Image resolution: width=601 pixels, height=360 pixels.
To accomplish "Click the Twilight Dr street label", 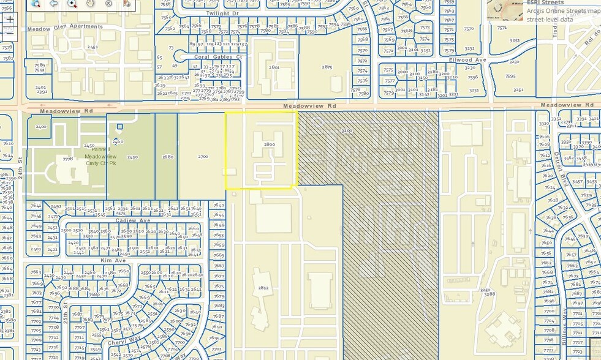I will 222,13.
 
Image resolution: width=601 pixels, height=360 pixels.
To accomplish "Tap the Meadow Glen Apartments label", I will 65,27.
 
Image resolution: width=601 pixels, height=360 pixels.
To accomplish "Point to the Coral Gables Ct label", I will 218,57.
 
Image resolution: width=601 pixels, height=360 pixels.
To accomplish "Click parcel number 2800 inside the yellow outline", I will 269,143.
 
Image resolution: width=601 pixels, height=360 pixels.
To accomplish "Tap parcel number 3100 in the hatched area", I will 347,131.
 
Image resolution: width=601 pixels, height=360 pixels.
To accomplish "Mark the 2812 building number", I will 263,288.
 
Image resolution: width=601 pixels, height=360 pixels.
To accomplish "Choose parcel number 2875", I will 327,67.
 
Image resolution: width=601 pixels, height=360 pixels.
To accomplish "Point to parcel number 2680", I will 167,157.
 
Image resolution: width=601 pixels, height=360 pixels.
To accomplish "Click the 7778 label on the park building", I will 67,159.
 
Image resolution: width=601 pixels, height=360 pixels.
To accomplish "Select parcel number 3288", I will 489,294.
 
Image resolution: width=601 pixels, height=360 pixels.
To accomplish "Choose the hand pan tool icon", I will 90,4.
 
